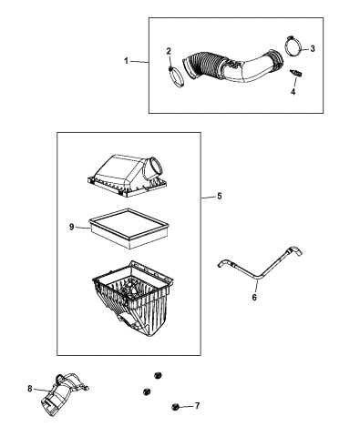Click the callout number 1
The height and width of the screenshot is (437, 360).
(128, 61)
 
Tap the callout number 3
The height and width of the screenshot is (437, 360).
(313, 49)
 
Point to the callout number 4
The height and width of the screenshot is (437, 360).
(294, 92)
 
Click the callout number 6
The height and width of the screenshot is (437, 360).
(254, 296)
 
